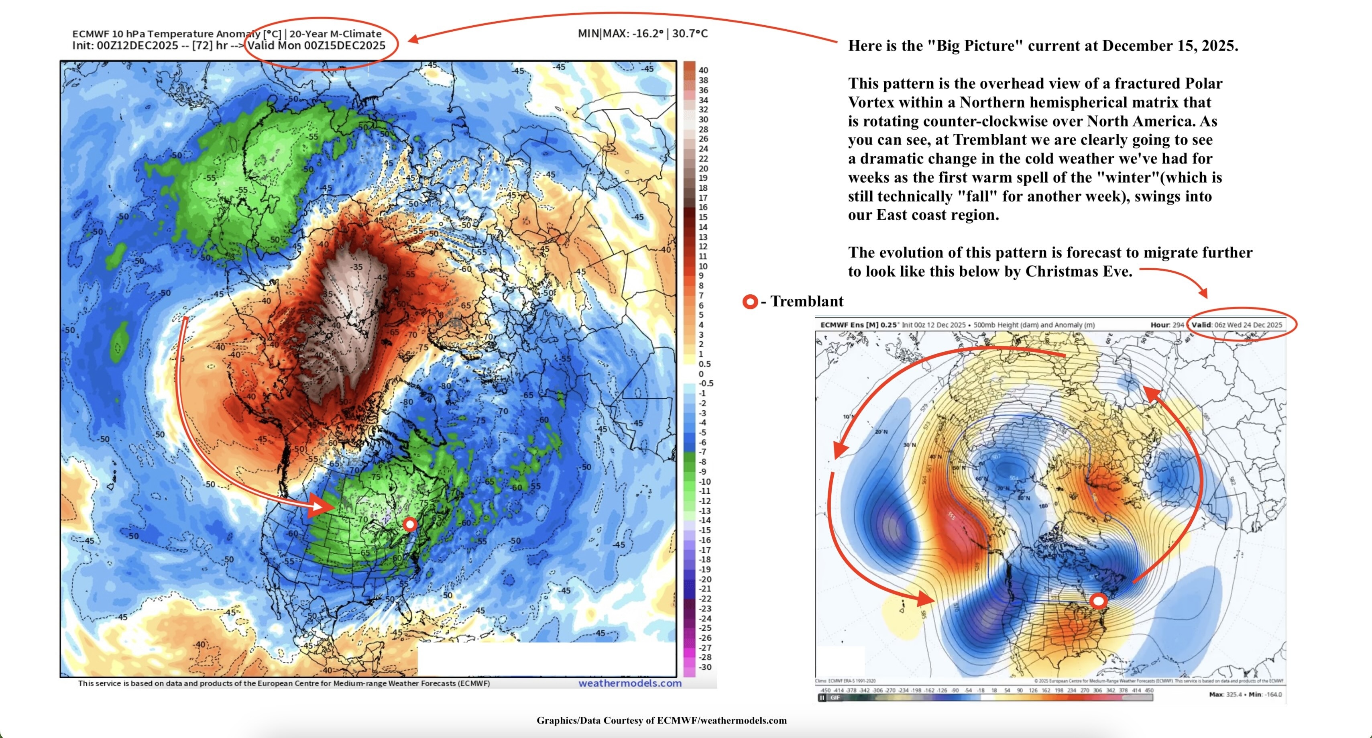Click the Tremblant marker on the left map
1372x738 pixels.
(x=409, y=524)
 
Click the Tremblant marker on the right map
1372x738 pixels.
(x=1098, y=601)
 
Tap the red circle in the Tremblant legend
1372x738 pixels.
(x=750, y=302)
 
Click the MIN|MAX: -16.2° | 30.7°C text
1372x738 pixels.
(x=642, y=34)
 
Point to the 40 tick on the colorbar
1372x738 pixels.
(x=703, y=70)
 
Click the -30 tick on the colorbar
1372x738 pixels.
(x=704, y=667)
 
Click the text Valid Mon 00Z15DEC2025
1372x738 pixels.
(x=316, y=46)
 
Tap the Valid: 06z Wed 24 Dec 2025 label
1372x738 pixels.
(x=1237, y=324)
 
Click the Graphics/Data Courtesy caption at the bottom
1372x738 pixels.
(x=661, y=720)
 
